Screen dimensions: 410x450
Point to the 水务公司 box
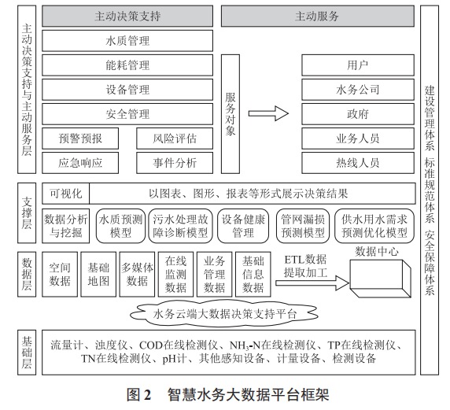[357, 89]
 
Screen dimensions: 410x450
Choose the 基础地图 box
[99, 274]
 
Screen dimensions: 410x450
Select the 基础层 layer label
[26, 353]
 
